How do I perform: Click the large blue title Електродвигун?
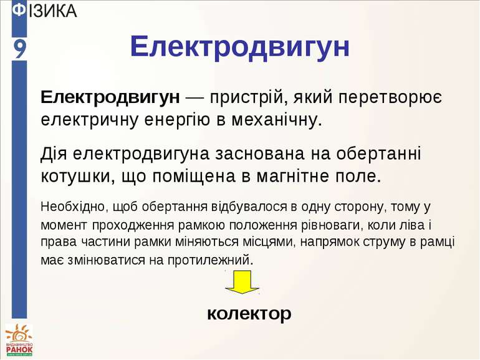[x=240, y=47]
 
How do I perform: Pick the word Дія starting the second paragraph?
[x=54, y=153]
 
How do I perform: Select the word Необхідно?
[x=71, y=206]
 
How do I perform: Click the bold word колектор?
[x=249, y=314]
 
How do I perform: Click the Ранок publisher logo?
[x=19, y=342]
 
